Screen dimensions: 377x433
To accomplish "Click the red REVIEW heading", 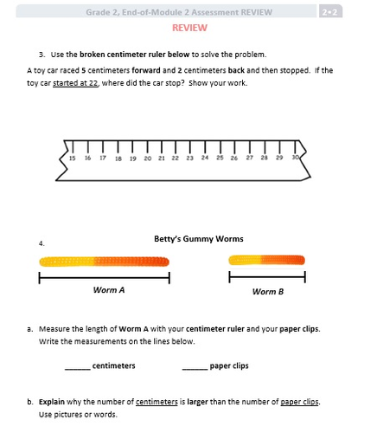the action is click(189, 28).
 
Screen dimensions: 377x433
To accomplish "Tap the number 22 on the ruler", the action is click(176, 158).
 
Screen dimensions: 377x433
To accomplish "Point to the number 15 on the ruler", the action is click(73, 158).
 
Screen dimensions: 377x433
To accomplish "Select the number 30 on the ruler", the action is click(296, 158).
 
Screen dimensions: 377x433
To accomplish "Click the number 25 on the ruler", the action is click(220, 158).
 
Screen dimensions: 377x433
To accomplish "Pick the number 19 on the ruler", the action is click(133, 158).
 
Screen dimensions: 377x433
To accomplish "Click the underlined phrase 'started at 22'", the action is click(75, 83).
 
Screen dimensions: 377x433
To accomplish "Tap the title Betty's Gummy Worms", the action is click(199, 239).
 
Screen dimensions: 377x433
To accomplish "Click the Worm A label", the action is click(109, 290).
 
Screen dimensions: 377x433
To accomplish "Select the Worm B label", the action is click(268, 292).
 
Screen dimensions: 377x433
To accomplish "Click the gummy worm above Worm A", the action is click(104, 262).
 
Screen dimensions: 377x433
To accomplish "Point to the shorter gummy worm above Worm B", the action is click(266, 260).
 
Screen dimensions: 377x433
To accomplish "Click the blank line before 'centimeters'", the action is click(78, 369).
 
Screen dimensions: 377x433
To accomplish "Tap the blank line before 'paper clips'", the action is click(195, 369).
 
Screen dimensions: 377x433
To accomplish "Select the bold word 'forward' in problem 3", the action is click(146, 70).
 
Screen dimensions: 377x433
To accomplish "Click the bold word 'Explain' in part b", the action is click(52, 402).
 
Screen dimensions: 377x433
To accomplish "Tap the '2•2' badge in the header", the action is click(330, 12).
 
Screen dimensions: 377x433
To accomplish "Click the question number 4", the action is click(42, 243).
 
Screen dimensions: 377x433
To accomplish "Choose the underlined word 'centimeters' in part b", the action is click(157, 402).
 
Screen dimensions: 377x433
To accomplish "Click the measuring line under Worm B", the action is click(267, 277).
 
